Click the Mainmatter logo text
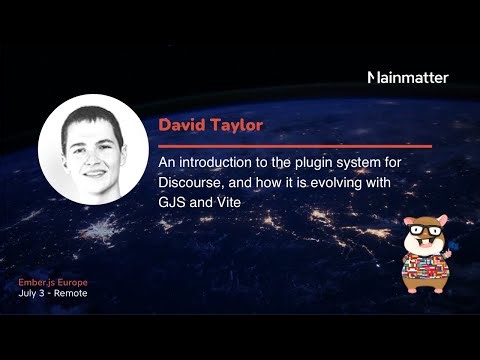[x=409, y=77]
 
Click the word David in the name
[x=180, y=126]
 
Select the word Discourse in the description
[x=192, y=184]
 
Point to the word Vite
[x=228, y=202]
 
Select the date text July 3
[x=32, y=294]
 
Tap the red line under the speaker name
[x=294, y=146]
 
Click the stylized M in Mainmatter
[x=374, y=77]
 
